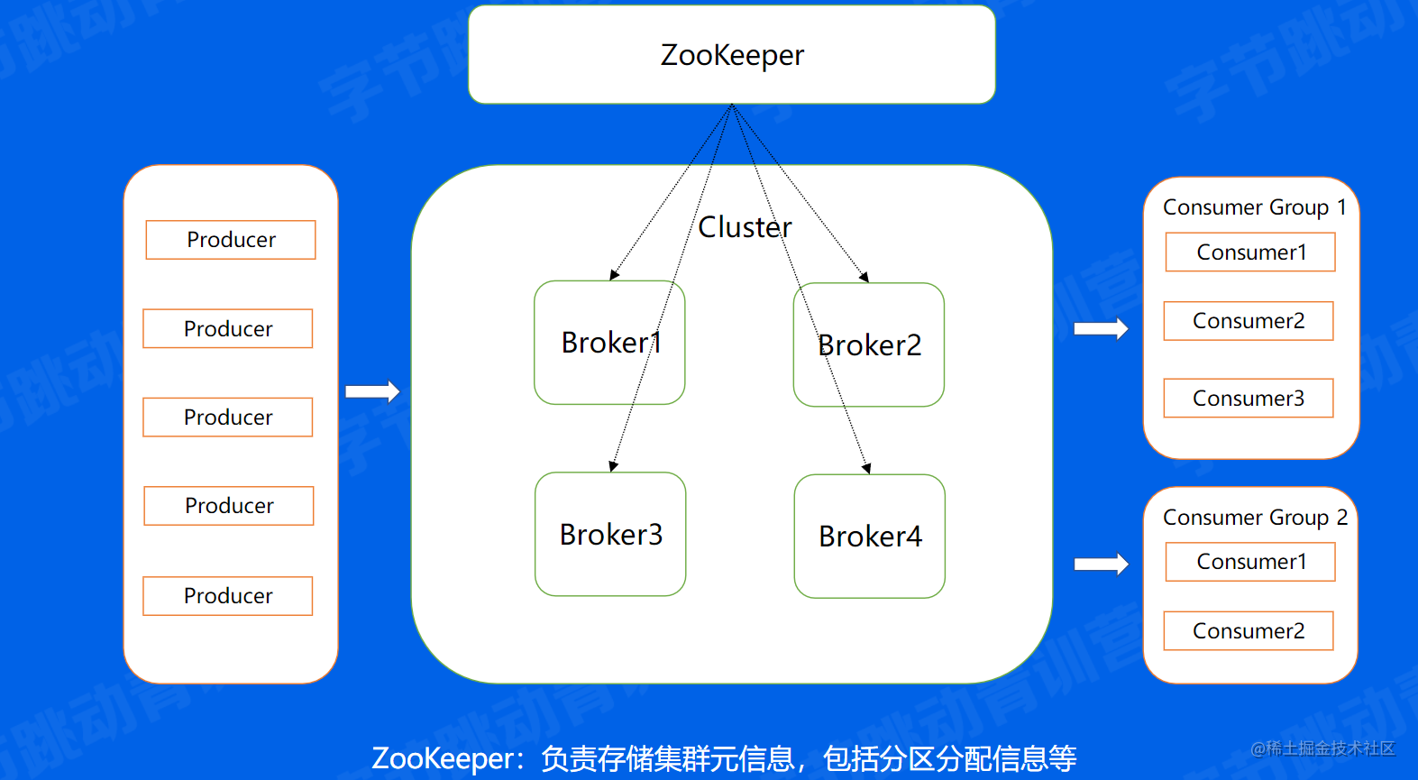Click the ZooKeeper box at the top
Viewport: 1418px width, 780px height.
(x=731, y=55)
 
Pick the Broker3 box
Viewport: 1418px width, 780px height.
(x=610, y=535)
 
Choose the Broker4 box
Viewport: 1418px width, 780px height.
(x=870, y=537)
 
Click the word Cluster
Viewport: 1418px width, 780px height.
(x=745, y=227)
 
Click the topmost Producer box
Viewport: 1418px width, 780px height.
(x=231, y=240)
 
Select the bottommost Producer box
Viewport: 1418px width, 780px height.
(x=228, y=596)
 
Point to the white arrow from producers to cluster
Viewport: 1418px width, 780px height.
(x=372, y=391)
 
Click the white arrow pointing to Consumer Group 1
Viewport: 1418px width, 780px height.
(x=1101, y=329)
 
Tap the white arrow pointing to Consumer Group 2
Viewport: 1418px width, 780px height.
(x=1101, y=564)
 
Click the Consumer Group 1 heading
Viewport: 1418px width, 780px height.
(x=1254, y=207)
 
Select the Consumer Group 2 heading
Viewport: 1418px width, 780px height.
(x=1254, y=518)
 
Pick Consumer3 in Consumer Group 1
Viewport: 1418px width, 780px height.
(x=1249, y=399)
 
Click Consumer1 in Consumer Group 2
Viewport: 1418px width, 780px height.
(x=1250, y=562)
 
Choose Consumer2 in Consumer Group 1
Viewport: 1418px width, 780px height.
(x=1249, y=321)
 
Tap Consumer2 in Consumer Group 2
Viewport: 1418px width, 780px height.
(x=1249, y=631)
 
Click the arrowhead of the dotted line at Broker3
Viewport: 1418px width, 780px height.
(x=613, y=466)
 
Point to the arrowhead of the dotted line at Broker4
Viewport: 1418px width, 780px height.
(x=866, y=468)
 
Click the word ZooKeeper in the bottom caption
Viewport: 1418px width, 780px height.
(x=441, y=758)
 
